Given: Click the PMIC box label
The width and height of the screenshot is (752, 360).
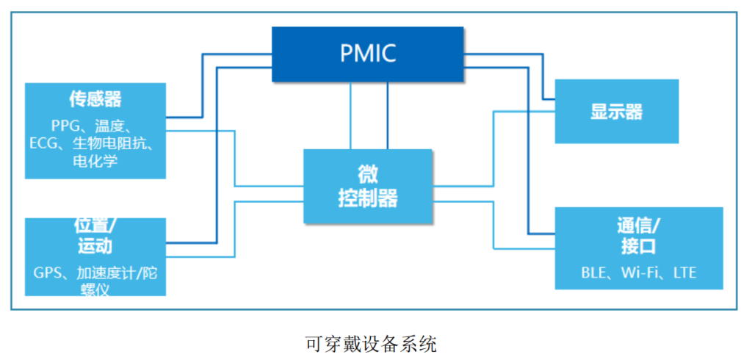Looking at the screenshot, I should (x=368, y=54).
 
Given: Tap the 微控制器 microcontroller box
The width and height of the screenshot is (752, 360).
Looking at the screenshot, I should (x=368, y=187).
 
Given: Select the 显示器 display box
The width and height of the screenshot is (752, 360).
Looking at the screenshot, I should (x=616, y=111).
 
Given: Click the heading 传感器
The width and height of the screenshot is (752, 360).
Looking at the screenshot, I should (x=95, y=98).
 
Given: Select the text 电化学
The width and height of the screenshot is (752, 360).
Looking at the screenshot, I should (x=95, y=161).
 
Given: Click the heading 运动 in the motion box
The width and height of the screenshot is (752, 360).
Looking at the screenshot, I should (x=95, y=245).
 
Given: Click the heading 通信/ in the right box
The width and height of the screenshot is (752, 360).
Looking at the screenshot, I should (x=638, y=224).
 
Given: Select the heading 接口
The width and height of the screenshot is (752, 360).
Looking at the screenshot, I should (x=638, y=245).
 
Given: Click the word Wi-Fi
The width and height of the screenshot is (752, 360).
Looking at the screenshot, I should (x=641, y=273).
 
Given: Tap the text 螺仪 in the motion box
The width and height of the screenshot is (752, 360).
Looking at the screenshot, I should (x=95, y=289).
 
